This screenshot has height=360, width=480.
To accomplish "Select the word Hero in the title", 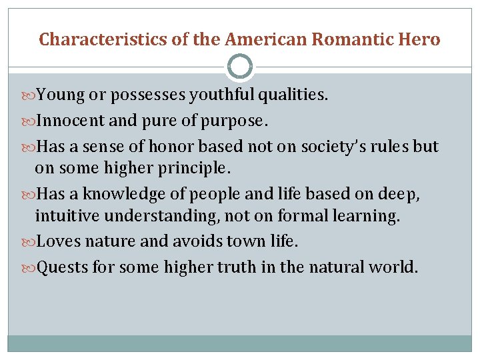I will point(418,39).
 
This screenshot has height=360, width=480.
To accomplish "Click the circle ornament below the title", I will point(240,67).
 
